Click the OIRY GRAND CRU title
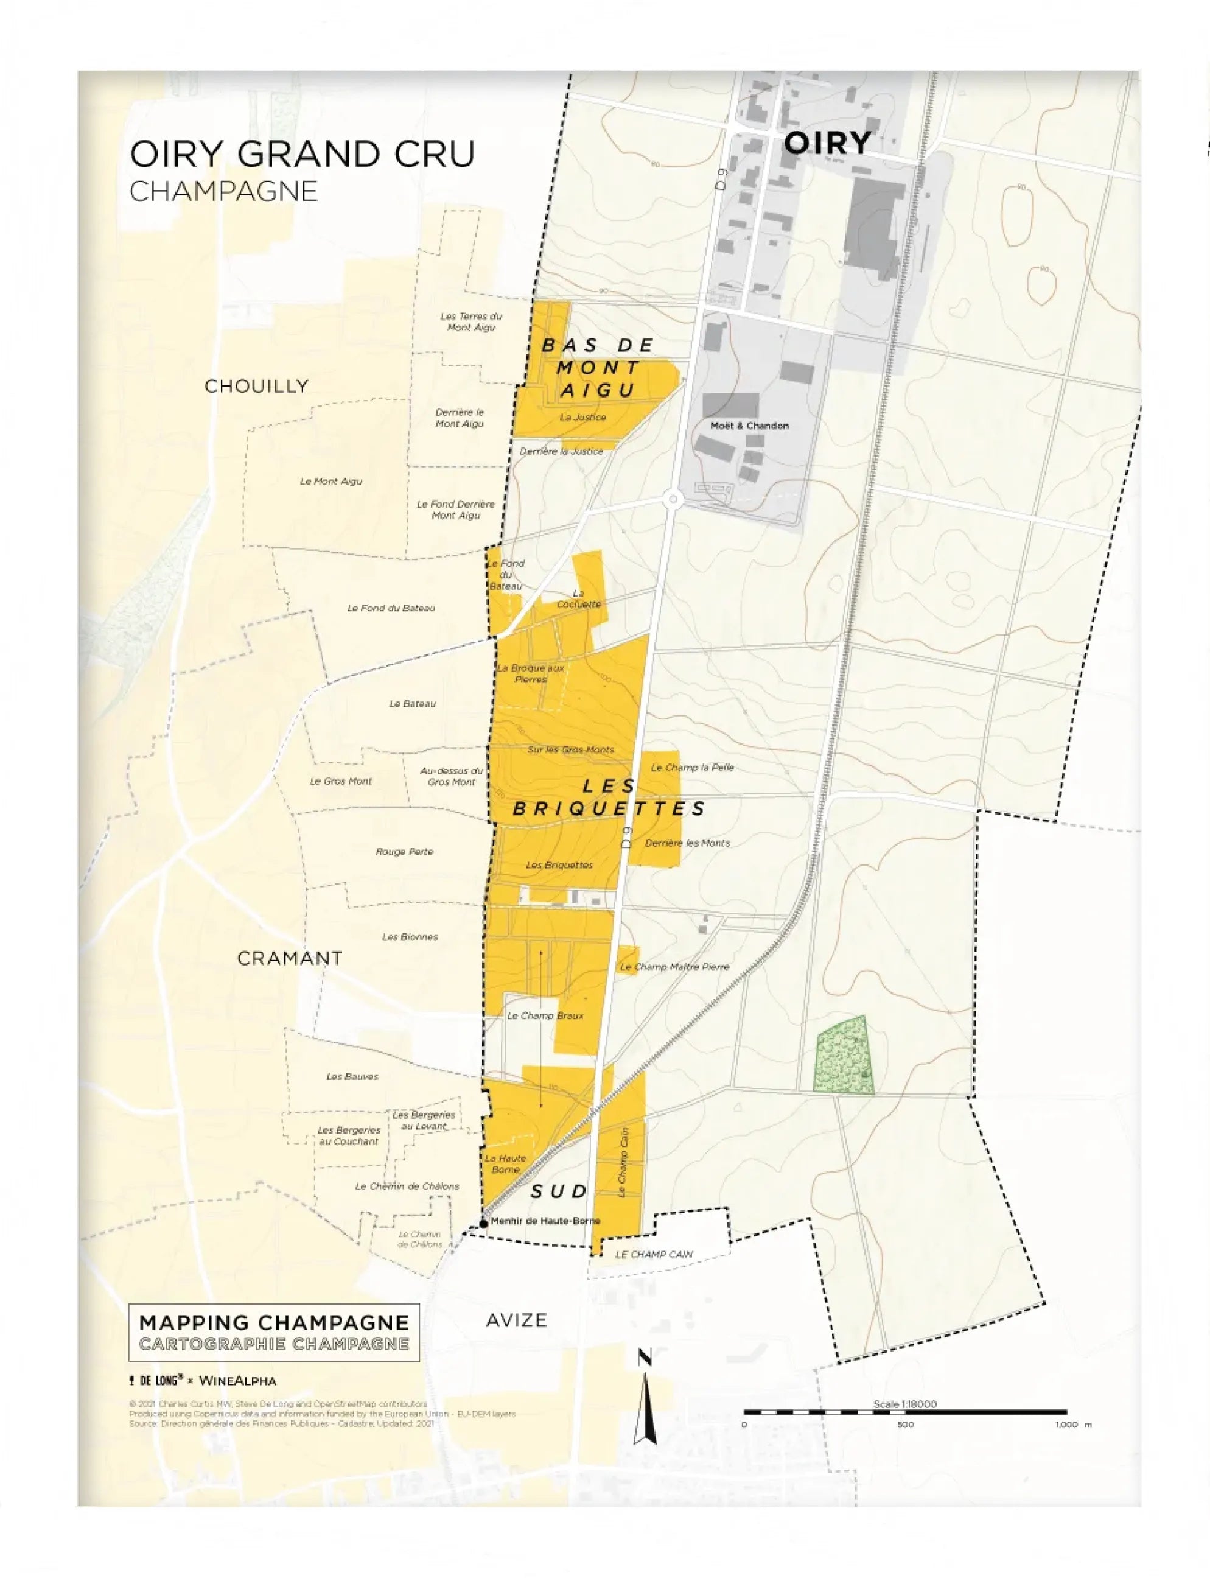click(x=302, y=154)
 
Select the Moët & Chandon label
click(x=749, y=426)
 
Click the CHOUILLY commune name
click(x=256, y=386)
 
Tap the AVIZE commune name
click(x=516, y=1320)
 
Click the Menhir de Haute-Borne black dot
click(x=484, y=1223)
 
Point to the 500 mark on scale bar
click(x=905, y=1424)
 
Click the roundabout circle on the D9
click(x=673, y=499)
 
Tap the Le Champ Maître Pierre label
click(x=674, y=967)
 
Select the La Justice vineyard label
click(x=582, y=417)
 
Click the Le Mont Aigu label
click(x=331, y=481)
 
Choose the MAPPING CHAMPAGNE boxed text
click(x=274, y=1323)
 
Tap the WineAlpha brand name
click(x=237, y=1381)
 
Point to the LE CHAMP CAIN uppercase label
click(x=653, y=1254)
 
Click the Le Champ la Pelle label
click(x=692, y=767)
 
